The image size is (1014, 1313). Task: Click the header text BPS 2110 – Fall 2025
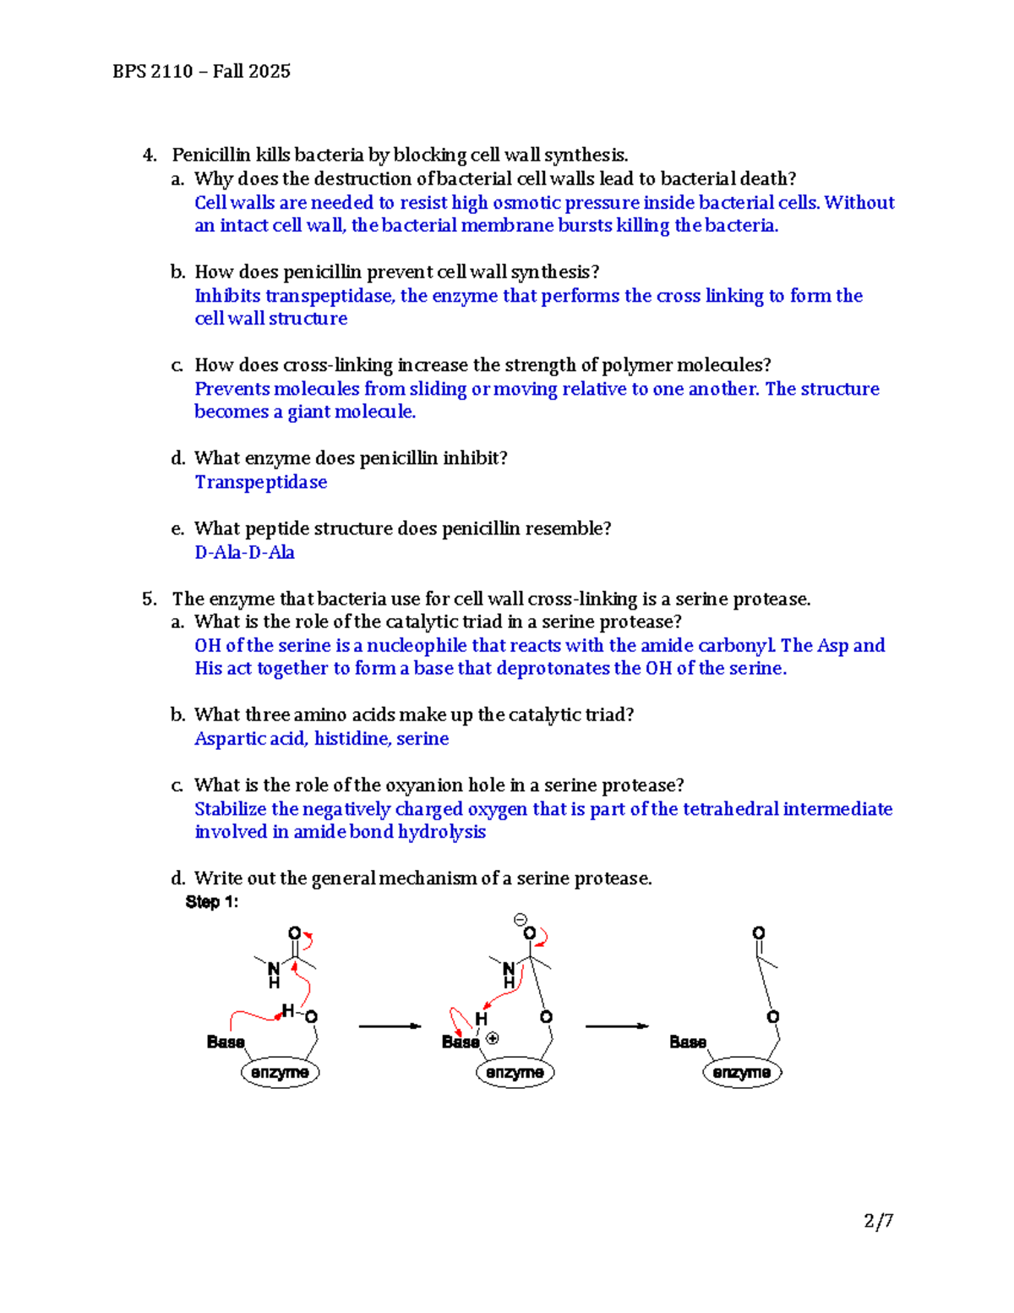point(201,71)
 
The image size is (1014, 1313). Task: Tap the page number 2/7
point(879,1220)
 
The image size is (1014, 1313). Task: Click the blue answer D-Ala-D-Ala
point(244,552)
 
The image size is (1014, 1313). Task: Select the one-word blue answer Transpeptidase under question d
point(260,482)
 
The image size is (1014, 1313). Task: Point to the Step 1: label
point(212,902)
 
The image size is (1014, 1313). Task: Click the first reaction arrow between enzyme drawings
point(390,1026)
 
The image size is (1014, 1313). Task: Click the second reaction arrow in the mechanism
point(617,1026)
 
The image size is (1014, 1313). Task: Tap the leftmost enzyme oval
point(280,1072)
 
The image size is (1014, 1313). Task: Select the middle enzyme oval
point(515,1072)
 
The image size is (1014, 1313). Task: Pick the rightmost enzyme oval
point(742,1072)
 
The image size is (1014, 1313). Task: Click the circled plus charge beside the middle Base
point(493,1038)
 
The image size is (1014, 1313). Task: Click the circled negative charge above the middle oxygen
point(521,919)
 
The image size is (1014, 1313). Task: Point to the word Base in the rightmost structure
point(688,1042)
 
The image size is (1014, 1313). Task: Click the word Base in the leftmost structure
point(226,1042)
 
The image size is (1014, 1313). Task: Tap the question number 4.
point(150,155)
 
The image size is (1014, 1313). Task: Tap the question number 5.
point(150,599)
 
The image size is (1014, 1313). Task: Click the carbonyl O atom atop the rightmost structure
point(759,933)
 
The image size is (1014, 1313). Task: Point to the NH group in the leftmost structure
point(274,974)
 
